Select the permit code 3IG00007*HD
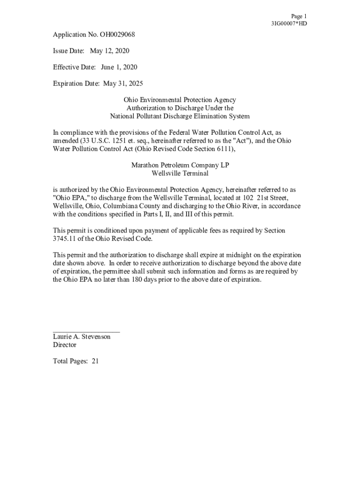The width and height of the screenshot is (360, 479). click(289, 24)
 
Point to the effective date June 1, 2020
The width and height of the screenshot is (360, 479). click(119, 67)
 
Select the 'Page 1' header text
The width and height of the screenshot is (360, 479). click(299, 16)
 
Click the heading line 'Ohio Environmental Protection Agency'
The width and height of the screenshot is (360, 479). click(180, 100)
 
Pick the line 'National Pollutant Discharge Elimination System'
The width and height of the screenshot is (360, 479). click(180, 116)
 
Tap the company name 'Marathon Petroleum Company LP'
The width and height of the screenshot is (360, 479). click(180, 165)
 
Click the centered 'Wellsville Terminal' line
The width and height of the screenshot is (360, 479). click(180, 173)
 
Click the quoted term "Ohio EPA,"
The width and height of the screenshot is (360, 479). click(68, 198)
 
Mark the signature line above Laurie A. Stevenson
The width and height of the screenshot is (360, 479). click(86, 331)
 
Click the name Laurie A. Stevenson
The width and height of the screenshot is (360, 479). click(82, 337)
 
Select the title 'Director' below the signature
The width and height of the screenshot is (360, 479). click(65, 345)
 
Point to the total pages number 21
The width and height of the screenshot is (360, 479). click(95, 361)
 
